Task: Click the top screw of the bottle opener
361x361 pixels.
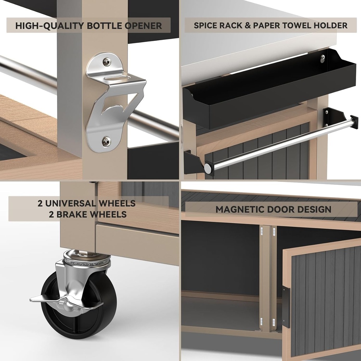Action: point(107,62)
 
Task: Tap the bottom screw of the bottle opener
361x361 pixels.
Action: point(106,141)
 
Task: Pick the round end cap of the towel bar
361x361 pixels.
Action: point(208,168)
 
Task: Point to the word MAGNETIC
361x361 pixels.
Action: point(240,209)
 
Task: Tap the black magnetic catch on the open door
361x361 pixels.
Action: point(286,307)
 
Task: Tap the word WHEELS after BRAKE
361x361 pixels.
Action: point(109,214)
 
